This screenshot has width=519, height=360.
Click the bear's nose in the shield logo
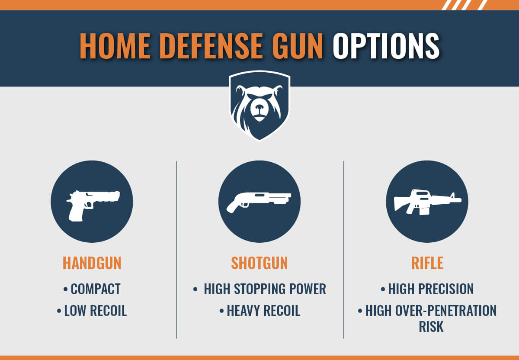(x=259, y=107)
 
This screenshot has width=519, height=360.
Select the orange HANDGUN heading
(x=92, y=263)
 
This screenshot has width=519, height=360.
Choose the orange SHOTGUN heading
(x=259, y=263)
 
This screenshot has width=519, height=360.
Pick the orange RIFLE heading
(x=427, y=263)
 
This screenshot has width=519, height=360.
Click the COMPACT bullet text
(x=95, y=289)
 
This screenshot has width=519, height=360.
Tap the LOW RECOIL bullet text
(x=95, y=311)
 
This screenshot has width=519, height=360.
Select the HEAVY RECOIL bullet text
(x=263, y=311)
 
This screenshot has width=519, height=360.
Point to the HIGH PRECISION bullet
(x=430, y=289)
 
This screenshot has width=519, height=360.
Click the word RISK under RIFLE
(x=431, y=327)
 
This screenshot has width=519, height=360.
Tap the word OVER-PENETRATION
(x=445, y=311)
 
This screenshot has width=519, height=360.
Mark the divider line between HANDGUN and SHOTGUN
(x=176, y=249)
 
